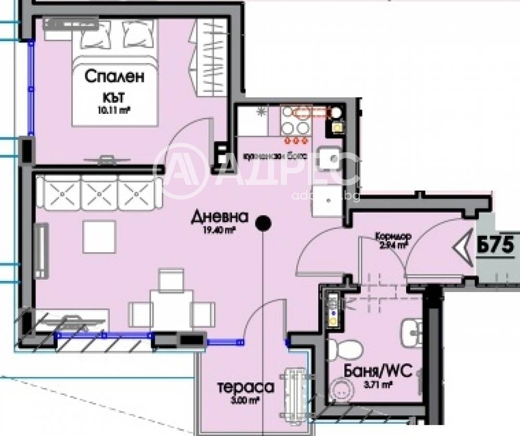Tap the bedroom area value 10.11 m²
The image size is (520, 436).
[x=113, y=110]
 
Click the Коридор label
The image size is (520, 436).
[x=393, y=236]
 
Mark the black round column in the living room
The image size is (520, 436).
[x=264, y=223]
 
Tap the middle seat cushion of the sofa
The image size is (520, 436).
[x=100, y=192]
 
